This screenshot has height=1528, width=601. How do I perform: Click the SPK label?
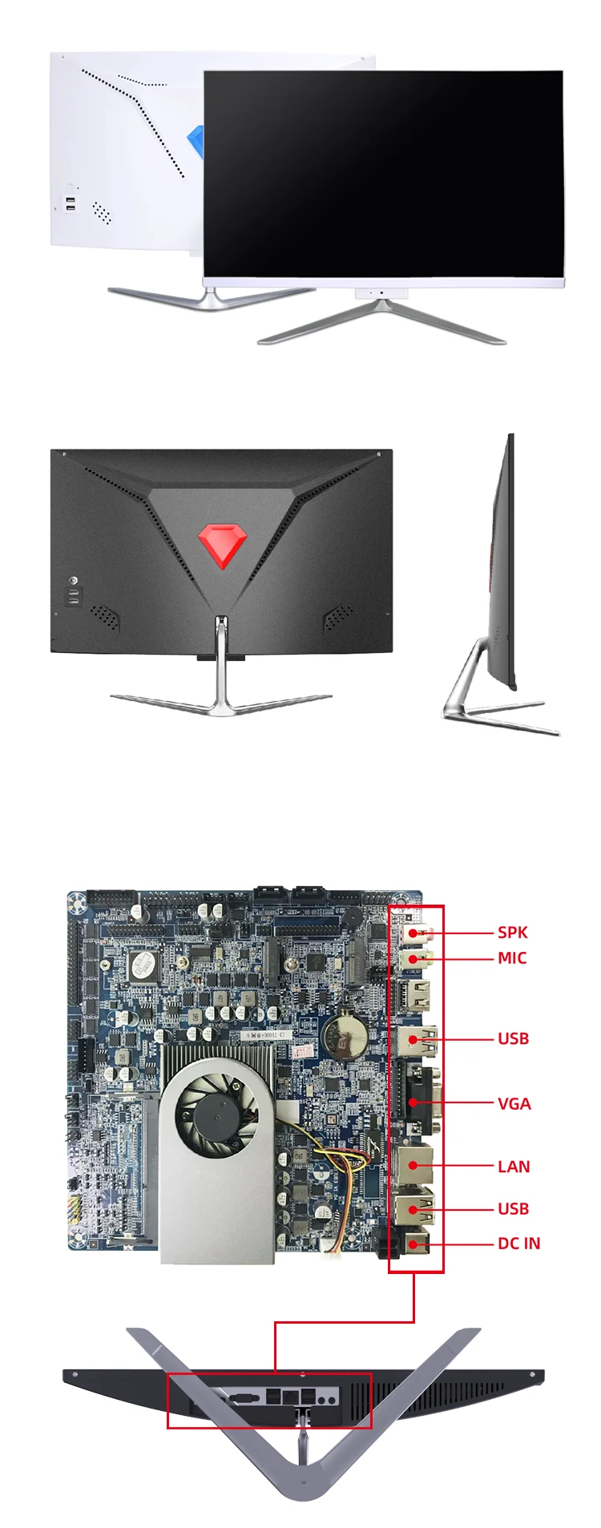pyautogui.click(x=512, y=932)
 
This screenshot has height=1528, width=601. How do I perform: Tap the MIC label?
pyautogui.click(x=512, y=958)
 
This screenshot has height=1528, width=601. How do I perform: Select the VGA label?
pyautogui.click(x=514, y=1103)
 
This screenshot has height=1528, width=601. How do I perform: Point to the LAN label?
pyautogui.click(x=514, y=1166)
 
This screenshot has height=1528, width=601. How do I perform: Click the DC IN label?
pyautogui.click(x=518, y=1243)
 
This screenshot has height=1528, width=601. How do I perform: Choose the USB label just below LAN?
pyautogui.click(x=513, y=1208)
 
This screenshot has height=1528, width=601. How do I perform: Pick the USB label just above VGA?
pyautogui.click(x=513, y=1038)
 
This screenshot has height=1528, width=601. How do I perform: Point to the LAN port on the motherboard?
pyautogui.click(x=415, y=1166)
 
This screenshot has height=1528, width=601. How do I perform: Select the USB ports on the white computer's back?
pyautogui.click(x=71, y=204)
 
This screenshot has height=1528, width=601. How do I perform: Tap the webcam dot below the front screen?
pyautogui.click(x=381, y=292)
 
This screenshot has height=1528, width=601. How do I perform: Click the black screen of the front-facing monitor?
pyautogui.click(x=383, y=172)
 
